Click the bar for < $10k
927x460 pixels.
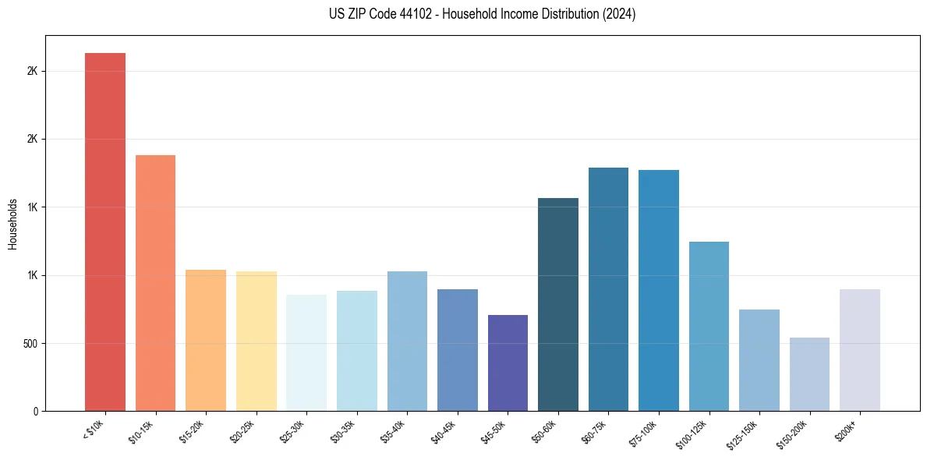pyautogui.click(x=105, y=232)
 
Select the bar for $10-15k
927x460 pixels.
pyautogui.click(x=155, y=283)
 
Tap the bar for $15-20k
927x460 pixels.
pyautogui.click(x=206, y=340)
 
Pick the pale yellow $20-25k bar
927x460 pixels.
pyautogui.click(x=256, y=341)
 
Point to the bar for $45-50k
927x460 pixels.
pyautogui.click(x=508, y=363)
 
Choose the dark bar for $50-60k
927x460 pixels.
pyautogui.click(x=558, y=304)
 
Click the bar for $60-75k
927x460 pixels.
pyautogui.click(x=608, y=289)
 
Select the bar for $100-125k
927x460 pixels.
pyautogui.click(x=709, y=326)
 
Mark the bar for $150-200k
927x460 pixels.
pyautogui.click(x=809, y=374)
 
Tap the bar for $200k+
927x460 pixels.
pyautogui.click(x=860, y=350)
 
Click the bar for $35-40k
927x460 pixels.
pyautogui.click(x=407, y=341)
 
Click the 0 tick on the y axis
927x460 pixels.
pyautogui.click(x=36, y=411)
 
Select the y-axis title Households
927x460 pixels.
pyautogui.click(x=12, y=224)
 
